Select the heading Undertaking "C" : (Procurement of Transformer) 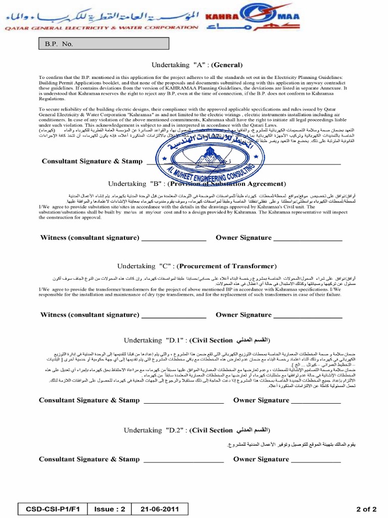click(x=197, y=266)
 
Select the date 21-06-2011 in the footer click(x=160, y=508)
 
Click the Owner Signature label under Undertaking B click(x=244, y=238)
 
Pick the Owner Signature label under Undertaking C click(x=244, y=315)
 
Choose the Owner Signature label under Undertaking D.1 click(x=261, y=400)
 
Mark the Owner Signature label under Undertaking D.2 click(x=261, y=459)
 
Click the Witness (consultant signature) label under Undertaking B click(x=89, y=238)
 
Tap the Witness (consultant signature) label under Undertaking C click(x=89, y=315)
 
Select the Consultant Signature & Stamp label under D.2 click(x=89, y=459)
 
